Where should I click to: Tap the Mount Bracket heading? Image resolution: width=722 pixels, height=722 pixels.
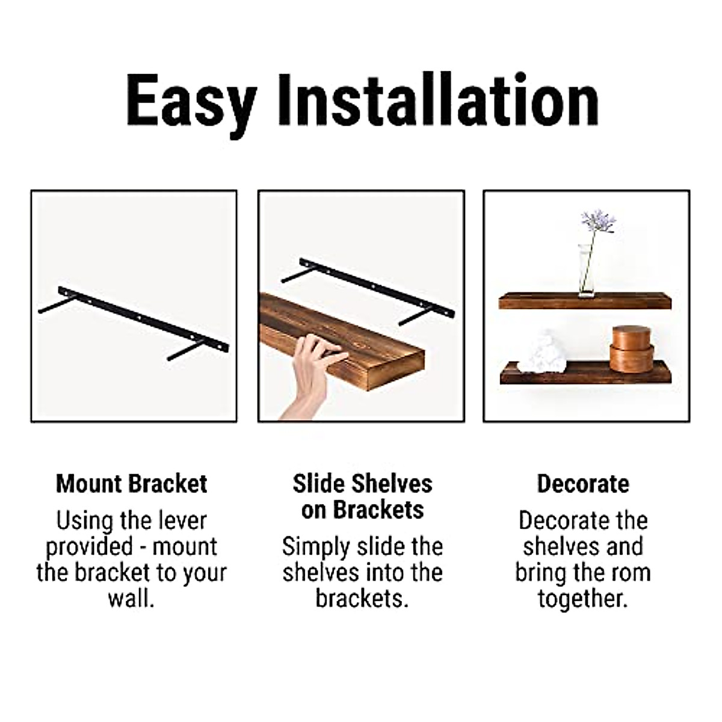(131, 484)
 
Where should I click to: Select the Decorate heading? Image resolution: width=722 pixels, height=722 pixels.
(582, 484)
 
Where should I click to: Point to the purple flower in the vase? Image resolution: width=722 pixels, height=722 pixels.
(597, 221)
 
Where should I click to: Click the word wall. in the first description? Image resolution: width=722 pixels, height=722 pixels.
(131, 599)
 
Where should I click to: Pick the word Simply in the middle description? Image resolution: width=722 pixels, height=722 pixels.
(316, 547)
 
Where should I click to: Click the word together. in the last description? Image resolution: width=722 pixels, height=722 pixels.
(582, 599)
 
